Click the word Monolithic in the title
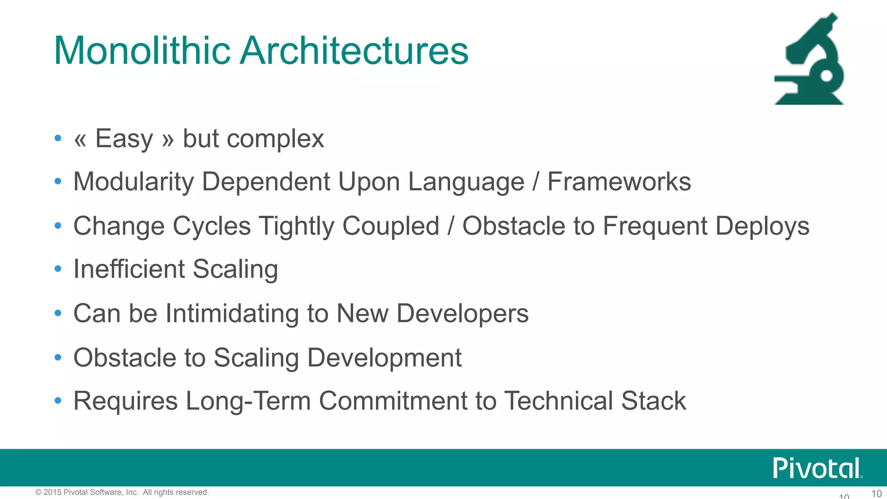(x=142, y=51)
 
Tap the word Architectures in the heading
(x=354, y=51)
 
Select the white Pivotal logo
(x=817, y=468)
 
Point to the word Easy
(x=124, y=139)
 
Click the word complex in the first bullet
(x=275, y=139)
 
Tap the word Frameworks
(x=619, y=181)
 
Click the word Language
(x=466, y=182)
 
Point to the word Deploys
(x=762, y=226)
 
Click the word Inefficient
(x=129, y=269)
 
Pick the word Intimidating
(x=232, y=313)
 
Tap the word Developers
(x=463, y=313)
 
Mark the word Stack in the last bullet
(x=654, y=401)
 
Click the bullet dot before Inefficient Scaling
(x=58, y=269)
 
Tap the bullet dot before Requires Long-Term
(x=58, y=401)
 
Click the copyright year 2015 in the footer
(x=52, y=492)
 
